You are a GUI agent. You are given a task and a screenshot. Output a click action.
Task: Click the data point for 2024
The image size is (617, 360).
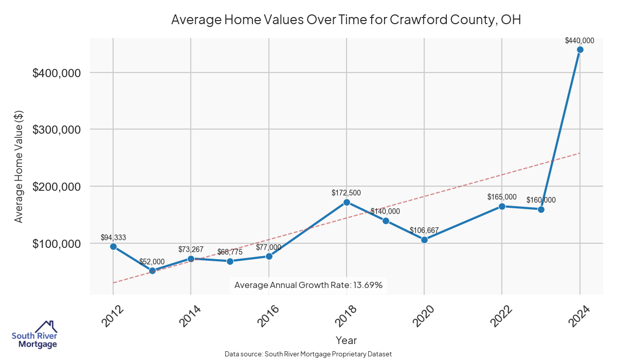(x=580, y=50)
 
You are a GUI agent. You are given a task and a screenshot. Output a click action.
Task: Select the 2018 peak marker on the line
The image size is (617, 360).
(x=347, y=202)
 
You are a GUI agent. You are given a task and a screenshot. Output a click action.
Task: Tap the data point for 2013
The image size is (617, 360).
(x=152, y=271)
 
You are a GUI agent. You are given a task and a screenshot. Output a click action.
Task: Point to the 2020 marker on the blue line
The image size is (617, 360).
(x=424, y=240)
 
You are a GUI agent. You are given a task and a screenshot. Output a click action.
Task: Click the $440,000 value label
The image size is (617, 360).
(x=579, y=41)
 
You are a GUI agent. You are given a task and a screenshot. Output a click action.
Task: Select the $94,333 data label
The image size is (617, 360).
(x=113, y=238)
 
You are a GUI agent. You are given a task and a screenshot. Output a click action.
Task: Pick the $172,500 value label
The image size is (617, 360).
(x=346, y=193)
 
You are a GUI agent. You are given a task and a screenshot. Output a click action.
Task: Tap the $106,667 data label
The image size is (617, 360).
(x=424, y=230)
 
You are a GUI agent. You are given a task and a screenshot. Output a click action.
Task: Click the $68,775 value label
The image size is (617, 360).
(x=230, y=252)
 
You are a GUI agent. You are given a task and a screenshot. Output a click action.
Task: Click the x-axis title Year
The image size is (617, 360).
(x=346, y=340)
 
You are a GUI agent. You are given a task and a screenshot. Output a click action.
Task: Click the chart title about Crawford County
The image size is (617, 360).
(x=346, y=20)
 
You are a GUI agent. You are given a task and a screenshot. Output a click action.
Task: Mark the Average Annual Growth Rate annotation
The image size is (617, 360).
(x=308, y=285)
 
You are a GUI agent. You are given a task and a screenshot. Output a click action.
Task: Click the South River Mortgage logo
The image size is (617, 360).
(x=34, y=335)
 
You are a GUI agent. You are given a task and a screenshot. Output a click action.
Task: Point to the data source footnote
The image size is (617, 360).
(x=308, y=354)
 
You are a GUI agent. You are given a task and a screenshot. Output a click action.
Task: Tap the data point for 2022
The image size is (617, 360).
(x=502, y=206)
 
